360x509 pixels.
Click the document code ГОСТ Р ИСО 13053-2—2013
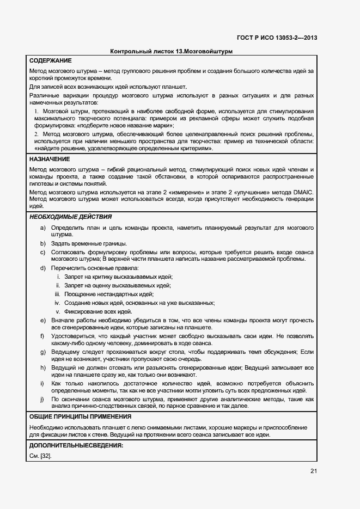277,38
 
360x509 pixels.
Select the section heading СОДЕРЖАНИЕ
50,60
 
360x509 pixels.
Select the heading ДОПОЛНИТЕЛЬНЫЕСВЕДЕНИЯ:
76,446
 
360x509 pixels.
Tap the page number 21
313,471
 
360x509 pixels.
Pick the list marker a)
42,227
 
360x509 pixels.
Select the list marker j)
42,399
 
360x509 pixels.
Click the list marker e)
42,321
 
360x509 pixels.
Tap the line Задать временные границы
89,243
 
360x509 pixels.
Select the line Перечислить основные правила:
95,268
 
